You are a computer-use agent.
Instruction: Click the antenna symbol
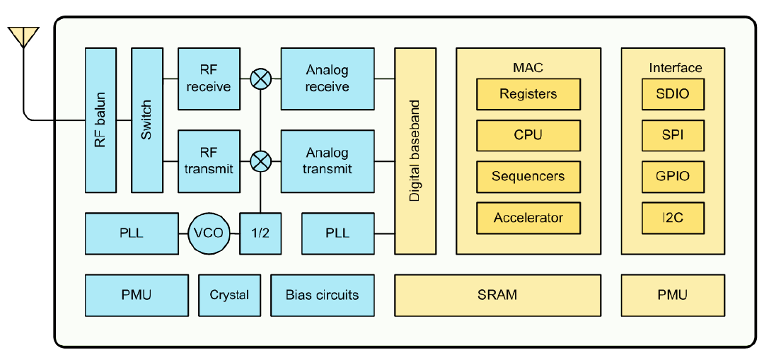23,37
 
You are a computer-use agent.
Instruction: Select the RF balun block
101,120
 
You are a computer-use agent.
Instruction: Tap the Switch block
146,120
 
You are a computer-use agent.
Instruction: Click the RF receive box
209,79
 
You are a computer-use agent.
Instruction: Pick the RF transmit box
209,161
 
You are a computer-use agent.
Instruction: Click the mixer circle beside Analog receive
260,79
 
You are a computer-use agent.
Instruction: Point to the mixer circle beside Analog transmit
260,161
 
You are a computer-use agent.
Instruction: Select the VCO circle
209,233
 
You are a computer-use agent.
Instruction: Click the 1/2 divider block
260,233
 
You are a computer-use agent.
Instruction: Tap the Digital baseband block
415,151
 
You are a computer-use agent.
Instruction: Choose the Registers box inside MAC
528,94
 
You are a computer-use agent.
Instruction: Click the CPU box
528,135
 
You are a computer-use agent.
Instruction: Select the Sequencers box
528,176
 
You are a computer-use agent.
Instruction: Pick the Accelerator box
528,218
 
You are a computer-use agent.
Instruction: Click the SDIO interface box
673,94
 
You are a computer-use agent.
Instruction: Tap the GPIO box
673,176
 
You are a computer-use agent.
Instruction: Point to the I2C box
673,218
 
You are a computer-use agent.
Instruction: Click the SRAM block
497,295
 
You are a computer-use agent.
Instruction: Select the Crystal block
229,295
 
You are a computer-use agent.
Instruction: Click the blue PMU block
137,295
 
